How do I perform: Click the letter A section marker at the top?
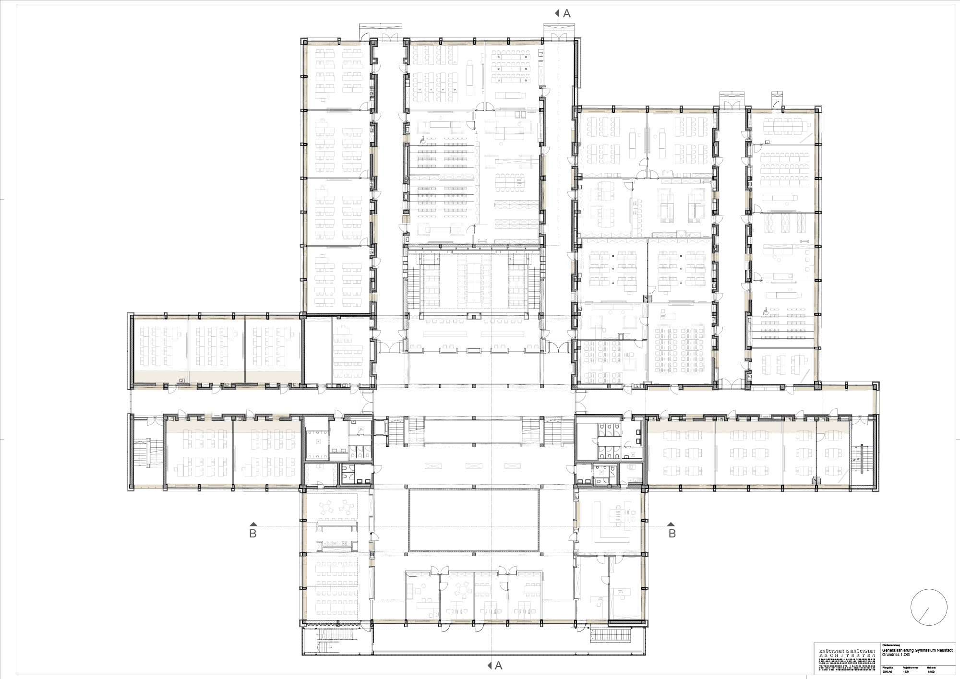point(566,13)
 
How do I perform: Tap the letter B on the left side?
point(253,533)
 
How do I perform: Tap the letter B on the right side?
point(672,533)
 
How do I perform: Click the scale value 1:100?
point(941,672)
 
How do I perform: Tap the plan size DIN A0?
point(887,672)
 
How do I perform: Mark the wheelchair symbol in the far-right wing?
point(766,312)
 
